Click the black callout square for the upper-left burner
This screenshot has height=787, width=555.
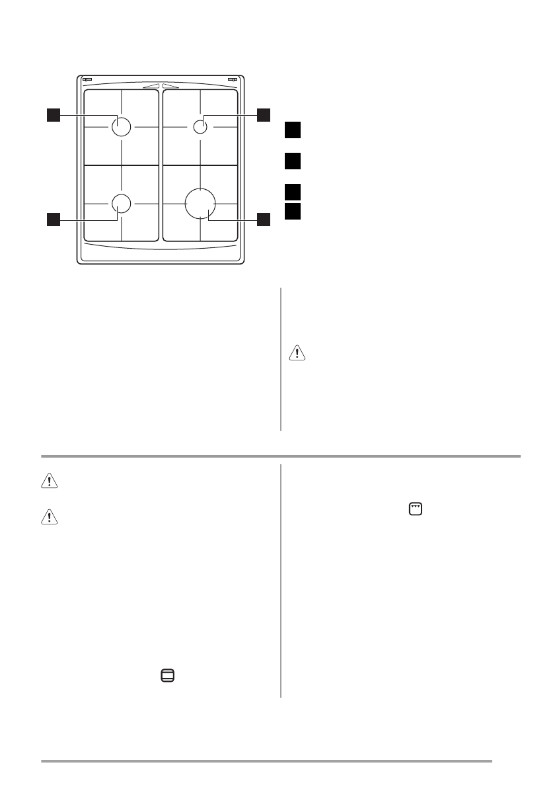tap(54, 115)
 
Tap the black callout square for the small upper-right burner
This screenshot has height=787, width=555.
tap(264, 115)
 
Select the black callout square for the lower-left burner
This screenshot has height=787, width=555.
tap(54, 220)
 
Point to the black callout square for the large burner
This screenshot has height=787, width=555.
tap(264, 220)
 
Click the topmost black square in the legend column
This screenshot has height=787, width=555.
tap(293, 130)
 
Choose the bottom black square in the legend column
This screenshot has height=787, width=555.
tap(293, 211)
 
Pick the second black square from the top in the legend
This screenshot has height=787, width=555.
tap(293, 161)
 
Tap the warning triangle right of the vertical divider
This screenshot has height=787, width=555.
tap(298, 352)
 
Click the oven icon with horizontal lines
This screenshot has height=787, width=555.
tap(168, 675)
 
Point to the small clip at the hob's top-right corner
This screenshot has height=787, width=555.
tap(232, 80)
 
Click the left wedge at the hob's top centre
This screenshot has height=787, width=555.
tap(151, 85)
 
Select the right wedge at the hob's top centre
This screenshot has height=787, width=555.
tap(169, 85)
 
